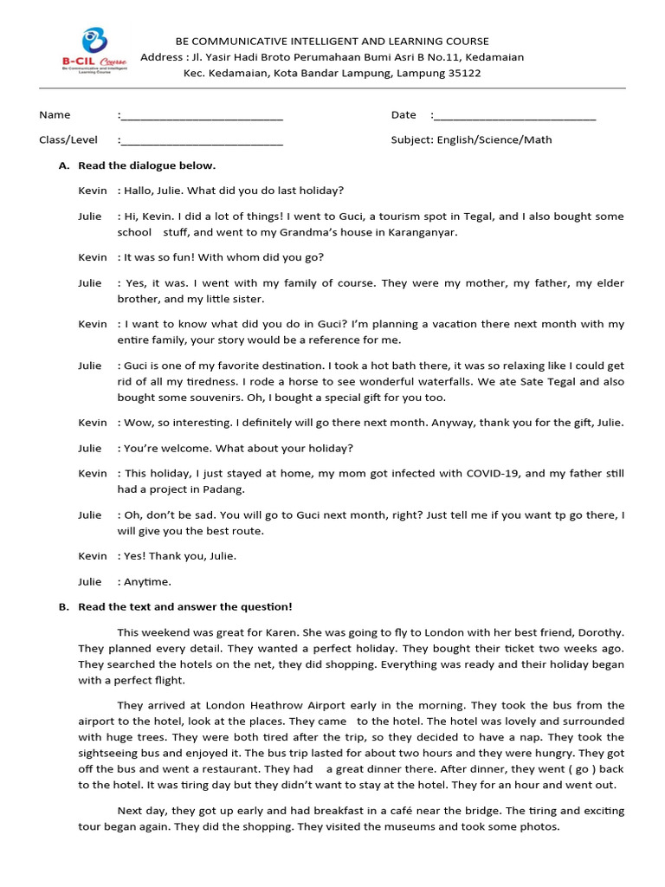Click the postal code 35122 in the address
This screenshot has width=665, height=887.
pyautogui.click(x=463, y=74)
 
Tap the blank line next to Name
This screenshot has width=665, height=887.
pyautogui.click(x=201, y=115)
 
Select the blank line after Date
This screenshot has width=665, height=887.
pyautogui.click(x=513, y=115)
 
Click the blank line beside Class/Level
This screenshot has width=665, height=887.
pyautogui.click(x=201, y=140)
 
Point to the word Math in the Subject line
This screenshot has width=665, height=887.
pyautogui.click(x=538, y=139)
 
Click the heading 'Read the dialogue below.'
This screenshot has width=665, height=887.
pyautogui.click(x=146, y=165)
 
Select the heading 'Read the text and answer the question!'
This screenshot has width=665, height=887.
pyautogui.click(x=184, y=607)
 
